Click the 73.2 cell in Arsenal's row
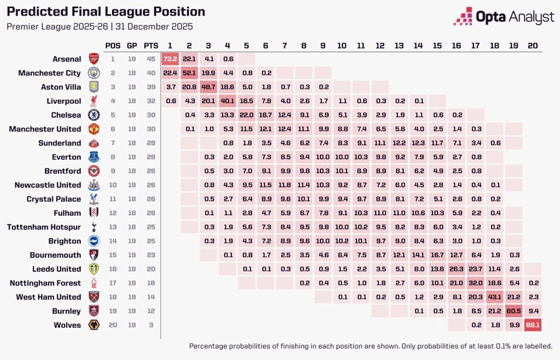(x=170, y=59)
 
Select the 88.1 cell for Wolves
(x=533, y=325)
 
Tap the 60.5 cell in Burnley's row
(x=513, y=311)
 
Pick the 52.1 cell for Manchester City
(x=189, y=73)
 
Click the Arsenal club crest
(x=94, y=59)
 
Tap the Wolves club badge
(x=94, y=325)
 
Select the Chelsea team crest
(x=94, y=115)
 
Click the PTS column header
(x=151, y=45)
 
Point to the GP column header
(x=132, y=45)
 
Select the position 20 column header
(x=533, y=45)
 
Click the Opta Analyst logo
(x=503, y=17)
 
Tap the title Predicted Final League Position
(x=106, y=12)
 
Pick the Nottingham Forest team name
(x=44, y=283)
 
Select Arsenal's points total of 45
(x=151, y=59)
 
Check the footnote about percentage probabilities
(x=370, y=346)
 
